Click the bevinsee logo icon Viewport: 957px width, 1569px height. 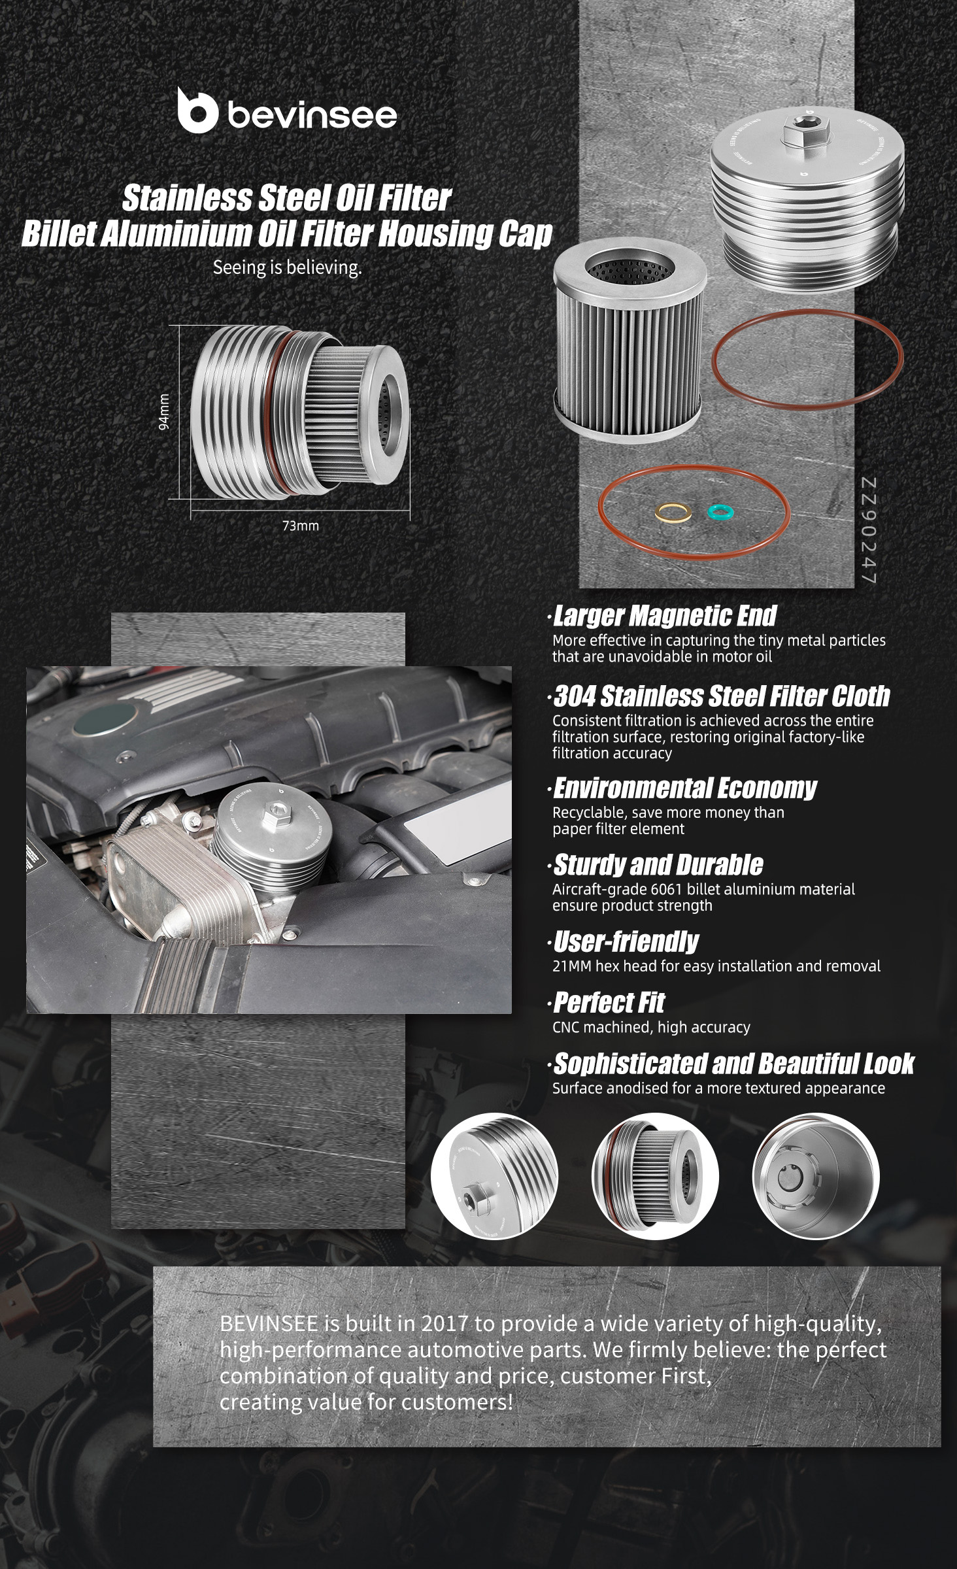(x=197, y=110)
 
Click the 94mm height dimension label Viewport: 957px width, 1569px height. (x=164, y=412)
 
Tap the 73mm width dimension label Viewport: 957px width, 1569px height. (x=301, y=526)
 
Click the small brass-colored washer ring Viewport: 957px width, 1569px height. (x=673, y=513)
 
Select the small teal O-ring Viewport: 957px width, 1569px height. (x=722, y=511)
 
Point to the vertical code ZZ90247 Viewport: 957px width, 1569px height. (x=868, y=531)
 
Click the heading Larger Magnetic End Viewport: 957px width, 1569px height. (x=665, y=616)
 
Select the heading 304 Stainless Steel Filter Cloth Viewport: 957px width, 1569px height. (x=722, y=696)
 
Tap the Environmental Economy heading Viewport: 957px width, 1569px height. (x=685, y=788)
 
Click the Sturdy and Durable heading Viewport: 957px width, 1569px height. (x=658, y=865)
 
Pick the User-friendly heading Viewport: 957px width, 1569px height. (x=626, y=941)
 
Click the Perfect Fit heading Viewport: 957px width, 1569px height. (x=609, y=1002)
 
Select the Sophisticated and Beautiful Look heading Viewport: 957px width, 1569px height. (x=733, y=1064)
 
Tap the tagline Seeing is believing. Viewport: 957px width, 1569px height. (x=287, y=268)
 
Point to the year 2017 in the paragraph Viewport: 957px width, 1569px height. (x=445, y=1324)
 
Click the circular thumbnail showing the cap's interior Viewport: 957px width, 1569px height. (x=816, y=1177)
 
